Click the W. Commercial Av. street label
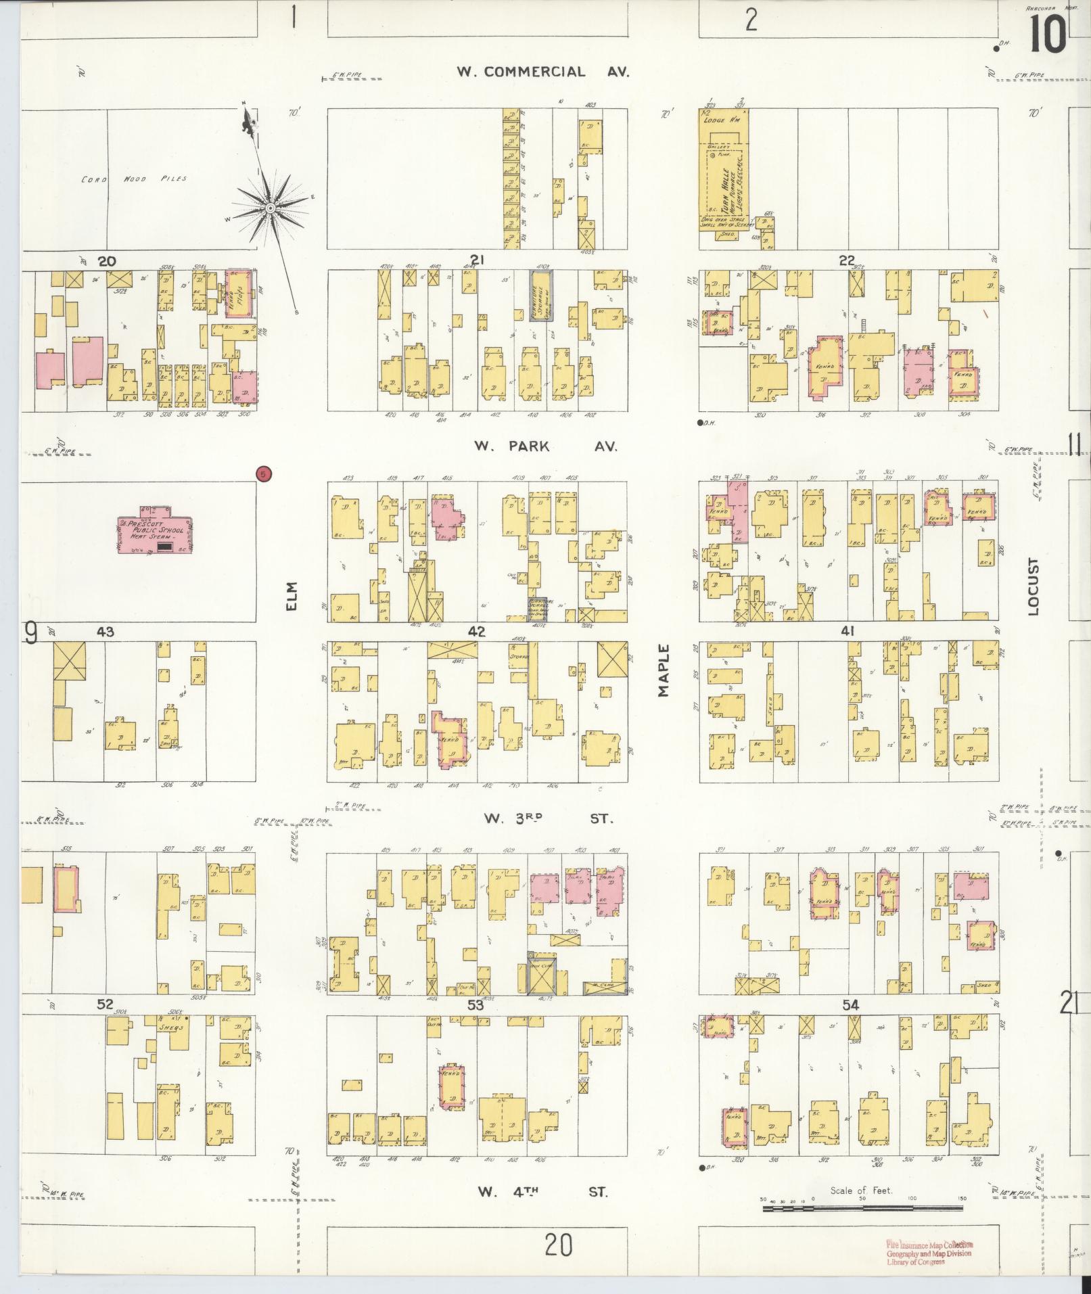pos(543,72)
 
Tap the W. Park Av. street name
pos(544,446)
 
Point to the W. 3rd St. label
pos(547,818)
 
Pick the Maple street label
pos(663,670)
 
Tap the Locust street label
pos(1032,586)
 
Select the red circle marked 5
pos(264,474)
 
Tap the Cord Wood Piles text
pos(134,179)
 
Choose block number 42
pos(477,631)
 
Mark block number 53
pos(475,1005)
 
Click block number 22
pos(847,260)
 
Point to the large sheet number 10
pos(1047,34)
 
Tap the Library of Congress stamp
pos(929,1253)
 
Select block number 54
pos(850,1005)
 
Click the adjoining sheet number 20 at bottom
pos(558,1245)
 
